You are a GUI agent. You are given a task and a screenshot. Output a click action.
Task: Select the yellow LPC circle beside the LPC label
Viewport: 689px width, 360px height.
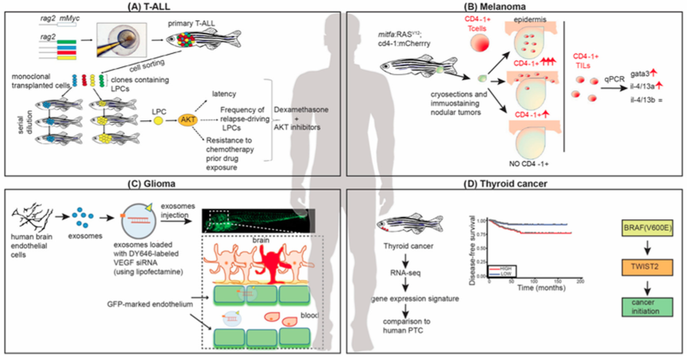tap(158, 119)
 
